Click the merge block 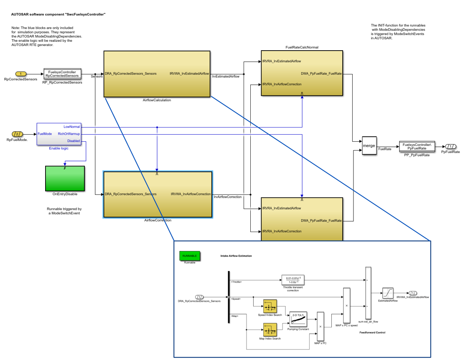(x=369, y=146)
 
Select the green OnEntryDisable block (x=65, y=179)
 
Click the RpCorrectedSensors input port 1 (x=21, y=74)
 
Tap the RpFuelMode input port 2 (x=17, y=134)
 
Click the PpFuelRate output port (x=450, y=146)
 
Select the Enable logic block (x=59, y=134)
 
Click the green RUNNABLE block (x=190, y=255)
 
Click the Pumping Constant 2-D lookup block (x=298, y=320)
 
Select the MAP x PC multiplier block (x=321, y=326)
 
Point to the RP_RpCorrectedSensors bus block (x=62, y=74)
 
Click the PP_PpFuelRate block (x=417, y=146)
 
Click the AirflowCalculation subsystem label (x=157, y=100)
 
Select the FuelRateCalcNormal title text (x=302, y=47)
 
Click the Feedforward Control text (x=372, y=332)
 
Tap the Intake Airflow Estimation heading (x=236, y=256)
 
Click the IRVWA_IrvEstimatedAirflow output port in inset (x=412, y=293)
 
